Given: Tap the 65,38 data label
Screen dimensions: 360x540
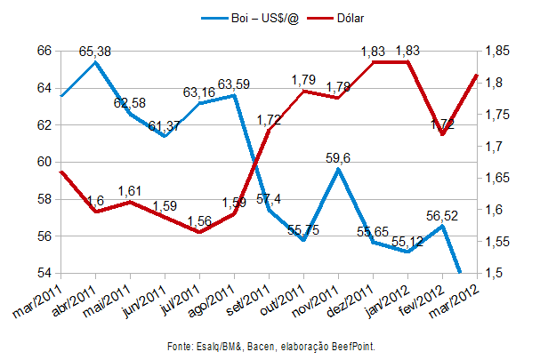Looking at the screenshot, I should click(x=95, y=52).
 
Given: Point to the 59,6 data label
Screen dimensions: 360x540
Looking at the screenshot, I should click(x=338, y=158).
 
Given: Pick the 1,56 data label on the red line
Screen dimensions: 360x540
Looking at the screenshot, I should click(x=199, y=220).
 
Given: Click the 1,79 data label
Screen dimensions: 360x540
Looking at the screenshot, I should click(x=304, y=81).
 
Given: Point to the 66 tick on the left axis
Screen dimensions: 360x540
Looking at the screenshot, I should click(x=44, y=51).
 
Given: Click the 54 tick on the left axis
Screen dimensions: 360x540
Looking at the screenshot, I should click(x=44, y=273).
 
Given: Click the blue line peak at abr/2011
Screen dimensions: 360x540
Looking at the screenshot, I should click(x=95, y=61).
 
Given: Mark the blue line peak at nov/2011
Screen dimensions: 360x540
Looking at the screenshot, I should click(x=338, y=168).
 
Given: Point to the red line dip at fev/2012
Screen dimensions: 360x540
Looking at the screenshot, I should click(x=442, y=134).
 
